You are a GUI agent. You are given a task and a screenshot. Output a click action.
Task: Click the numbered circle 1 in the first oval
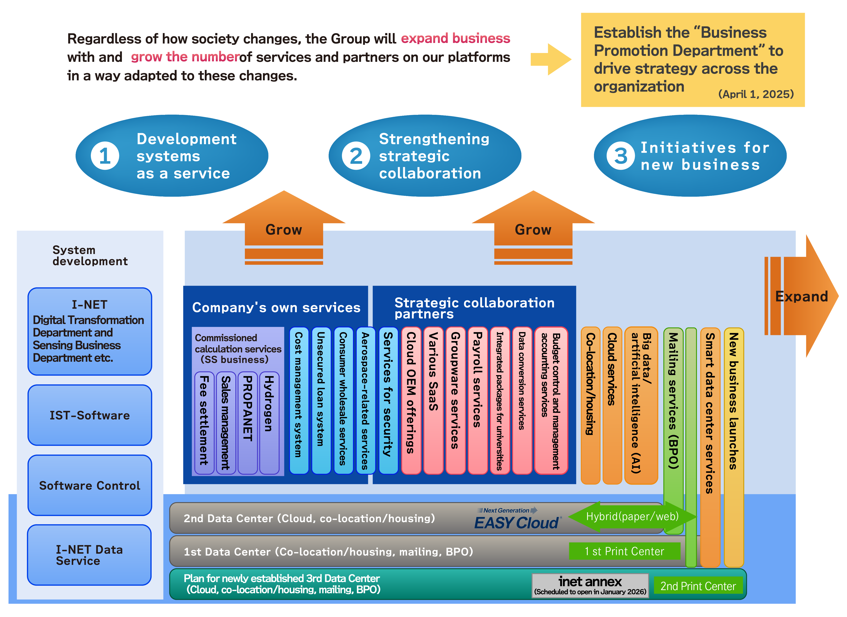click(105, 156)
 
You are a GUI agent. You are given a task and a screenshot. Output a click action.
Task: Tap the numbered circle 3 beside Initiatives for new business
click(620, 156)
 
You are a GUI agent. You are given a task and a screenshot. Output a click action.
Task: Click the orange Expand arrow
click(803, 296)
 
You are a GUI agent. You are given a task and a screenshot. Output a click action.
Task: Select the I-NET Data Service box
click(90, 555)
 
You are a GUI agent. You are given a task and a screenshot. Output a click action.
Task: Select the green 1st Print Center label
click(624, 551)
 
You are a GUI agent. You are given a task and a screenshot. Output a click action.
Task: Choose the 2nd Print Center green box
click(698, 586)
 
